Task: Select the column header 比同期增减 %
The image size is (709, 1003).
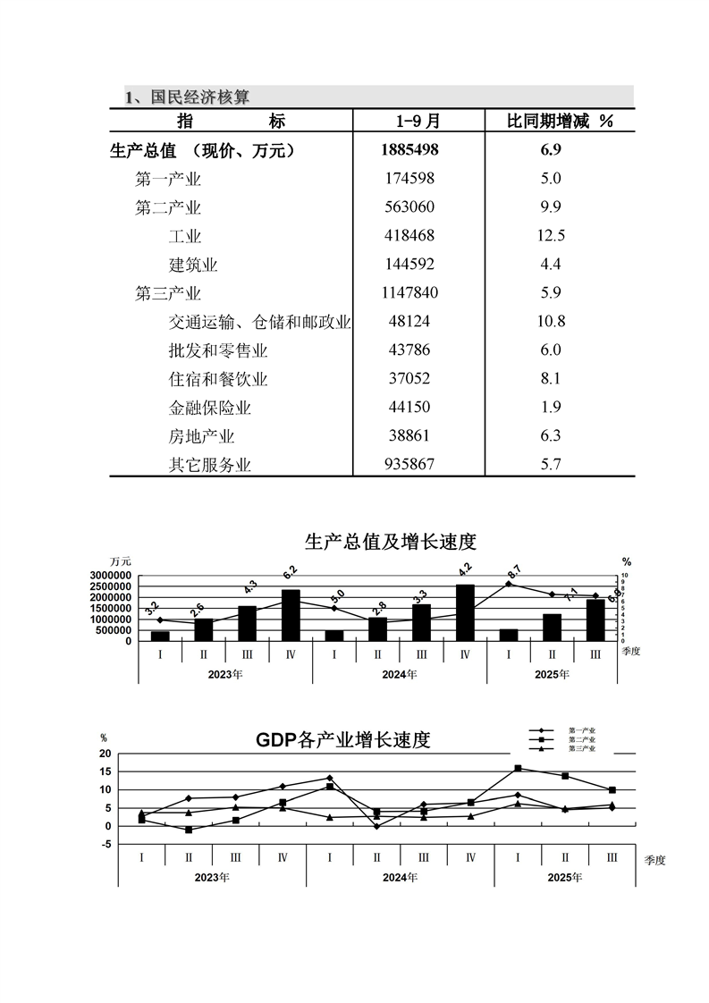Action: (x=560, y=121)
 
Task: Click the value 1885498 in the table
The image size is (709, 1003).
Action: (x=410, y=150)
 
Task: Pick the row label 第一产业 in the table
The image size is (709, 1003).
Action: (x=168, y=179)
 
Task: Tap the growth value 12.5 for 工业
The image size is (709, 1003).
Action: (x=551, y=236)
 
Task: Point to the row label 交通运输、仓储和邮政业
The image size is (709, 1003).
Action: (x=259, y=322)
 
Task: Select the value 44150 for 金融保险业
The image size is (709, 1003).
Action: (x=407, y=408)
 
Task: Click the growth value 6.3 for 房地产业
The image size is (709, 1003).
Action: (x=551, y=436)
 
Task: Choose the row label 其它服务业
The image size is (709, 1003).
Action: (x=210, y=465)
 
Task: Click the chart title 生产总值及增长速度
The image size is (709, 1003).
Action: (x=391, y=542)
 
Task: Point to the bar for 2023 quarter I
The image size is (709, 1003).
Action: (x=160, y=636)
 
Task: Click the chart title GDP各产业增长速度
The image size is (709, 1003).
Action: (x=343, y=740)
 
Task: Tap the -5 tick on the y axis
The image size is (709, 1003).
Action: (x=106, y=845)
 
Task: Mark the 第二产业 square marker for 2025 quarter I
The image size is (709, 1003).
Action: (x=518, y=768)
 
